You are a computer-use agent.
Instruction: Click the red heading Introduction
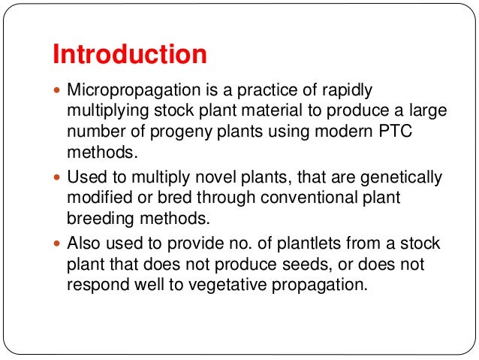(x=129, y=54)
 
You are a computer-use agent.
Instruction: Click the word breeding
(x=98, y=220)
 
